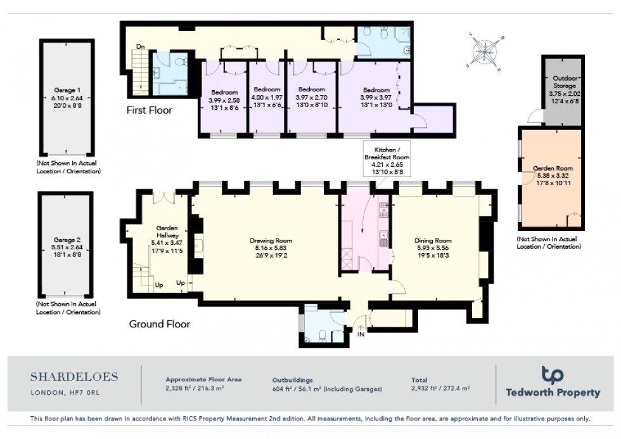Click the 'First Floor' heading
coord(149,110)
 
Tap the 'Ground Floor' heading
coord(160,324)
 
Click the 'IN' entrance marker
coord(361,334)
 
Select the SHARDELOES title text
coord(74,377)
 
